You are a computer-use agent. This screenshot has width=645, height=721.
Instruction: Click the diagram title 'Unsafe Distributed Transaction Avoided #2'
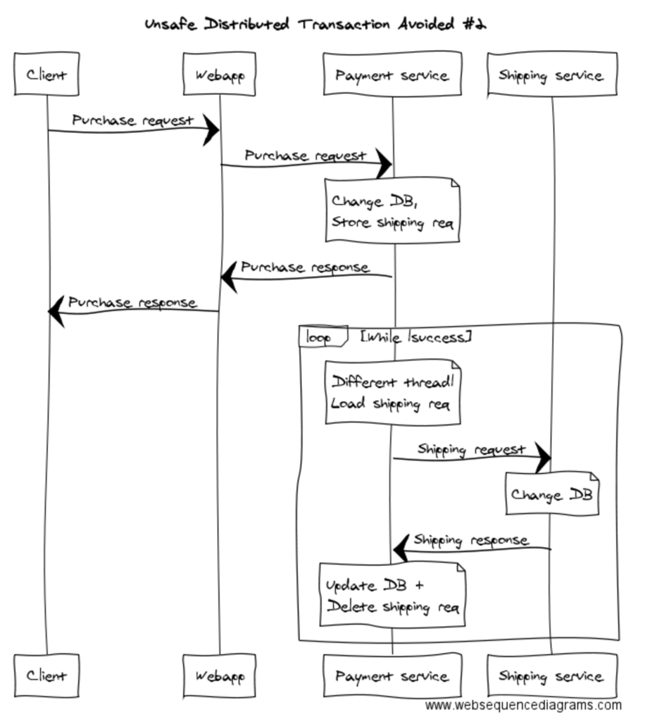point(315,25)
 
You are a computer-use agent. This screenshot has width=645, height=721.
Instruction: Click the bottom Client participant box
point(46,676)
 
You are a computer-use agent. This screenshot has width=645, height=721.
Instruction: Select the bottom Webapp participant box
point(219,676)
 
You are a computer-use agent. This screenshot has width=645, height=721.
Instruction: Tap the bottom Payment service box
point(392,676)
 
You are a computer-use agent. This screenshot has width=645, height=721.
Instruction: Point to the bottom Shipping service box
point(551,676)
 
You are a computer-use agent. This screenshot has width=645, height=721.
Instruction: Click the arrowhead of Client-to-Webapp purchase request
point(211,130)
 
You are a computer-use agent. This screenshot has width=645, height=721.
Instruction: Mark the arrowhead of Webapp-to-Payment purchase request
point(384,164)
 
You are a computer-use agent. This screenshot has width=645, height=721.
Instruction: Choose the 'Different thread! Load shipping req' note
point(392,393)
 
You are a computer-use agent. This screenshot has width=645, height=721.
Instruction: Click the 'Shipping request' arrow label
point(471,449)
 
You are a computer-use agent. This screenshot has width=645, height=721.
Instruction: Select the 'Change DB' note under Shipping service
point(551,494)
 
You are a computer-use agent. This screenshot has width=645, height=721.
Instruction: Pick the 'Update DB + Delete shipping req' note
point(392,595)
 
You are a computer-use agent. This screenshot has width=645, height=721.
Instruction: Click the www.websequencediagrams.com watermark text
point(523,706)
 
